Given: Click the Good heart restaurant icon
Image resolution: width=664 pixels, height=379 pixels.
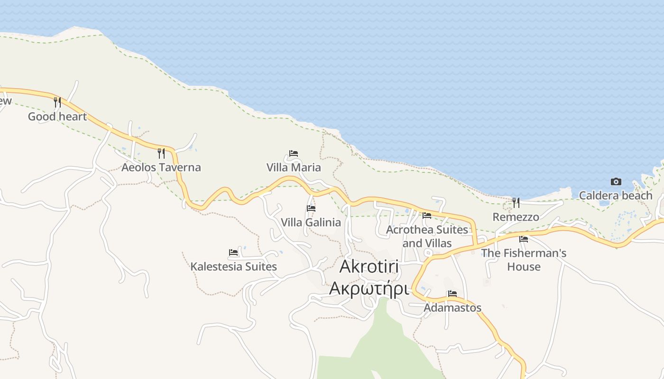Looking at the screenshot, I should click(x=57, y=102).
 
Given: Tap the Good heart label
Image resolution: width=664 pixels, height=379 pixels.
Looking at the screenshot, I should click(x=57, y=117).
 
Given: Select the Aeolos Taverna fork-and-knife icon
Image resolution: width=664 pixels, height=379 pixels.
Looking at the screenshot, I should click(x=161, y=153).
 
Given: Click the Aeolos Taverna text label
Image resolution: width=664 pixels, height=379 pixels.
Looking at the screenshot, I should click(x=161, y=167).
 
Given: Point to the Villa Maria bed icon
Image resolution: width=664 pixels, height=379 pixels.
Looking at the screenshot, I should click(x=294, y=153).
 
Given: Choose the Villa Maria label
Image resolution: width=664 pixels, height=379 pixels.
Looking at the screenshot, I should click(x=294, y=167).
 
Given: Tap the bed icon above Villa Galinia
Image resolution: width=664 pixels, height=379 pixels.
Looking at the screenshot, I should click(x=311, y=208).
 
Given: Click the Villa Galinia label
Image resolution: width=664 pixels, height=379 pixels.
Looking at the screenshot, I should click(x=311, y=222).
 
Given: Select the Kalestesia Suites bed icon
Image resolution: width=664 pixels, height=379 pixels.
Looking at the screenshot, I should click(x=233, y=253).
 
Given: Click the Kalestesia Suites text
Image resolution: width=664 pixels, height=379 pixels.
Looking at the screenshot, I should click(x=233, y=267).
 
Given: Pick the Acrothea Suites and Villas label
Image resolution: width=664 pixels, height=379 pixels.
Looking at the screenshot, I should click(x=427, y=236).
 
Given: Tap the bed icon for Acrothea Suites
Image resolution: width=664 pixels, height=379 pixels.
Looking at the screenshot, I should click(x=427, y=216).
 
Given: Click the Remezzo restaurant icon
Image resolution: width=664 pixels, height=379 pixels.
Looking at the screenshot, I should click(x=516, y=203).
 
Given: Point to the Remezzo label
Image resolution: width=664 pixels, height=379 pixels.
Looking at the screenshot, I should click(x=516, y=217).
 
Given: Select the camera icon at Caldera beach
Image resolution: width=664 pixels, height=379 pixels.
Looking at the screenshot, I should click(x=616, y=181).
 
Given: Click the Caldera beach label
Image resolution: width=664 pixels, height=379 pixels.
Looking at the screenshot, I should click(x=616, y=195).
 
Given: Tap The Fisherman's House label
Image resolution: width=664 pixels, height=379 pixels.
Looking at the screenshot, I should click(x=524, y=260).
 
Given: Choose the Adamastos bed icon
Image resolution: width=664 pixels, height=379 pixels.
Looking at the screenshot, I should click(x=452, y=294).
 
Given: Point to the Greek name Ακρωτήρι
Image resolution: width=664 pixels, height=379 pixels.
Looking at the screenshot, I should click(x=369, y=288).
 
